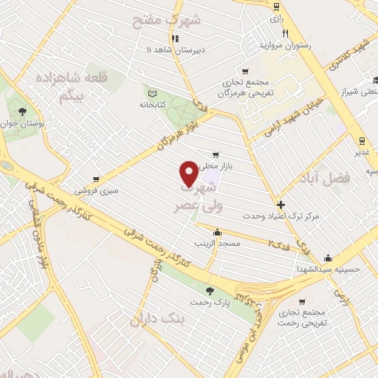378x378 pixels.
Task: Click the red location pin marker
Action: click(188, 175)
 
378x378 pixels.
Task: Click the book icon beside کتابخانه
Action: click(153, 94)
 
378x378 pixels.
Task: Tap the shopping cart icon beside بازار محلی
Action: click(215, 155)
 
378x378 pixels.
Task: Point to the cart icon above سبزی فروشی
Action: click(97, 179)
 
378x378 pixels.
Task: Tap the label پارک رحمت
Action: click(211, 302)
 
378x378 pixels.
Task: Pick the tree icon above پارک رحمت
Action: click(210, 290)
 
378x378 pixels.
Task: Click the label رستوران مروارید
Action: click(281, 45)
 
